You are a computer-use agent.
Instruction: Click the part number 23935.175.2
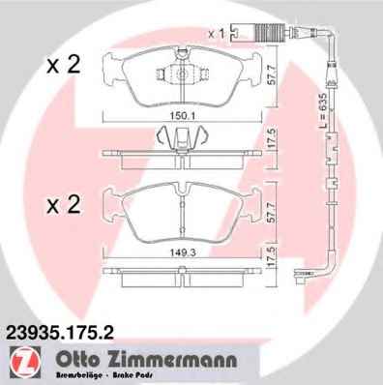[60, 333]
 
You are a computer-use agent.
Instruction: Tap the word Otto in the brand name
[76, 360]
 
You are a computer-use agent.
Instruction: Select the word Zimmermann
[169, 360]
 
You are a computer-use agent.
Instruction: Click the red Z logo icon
[25, 363]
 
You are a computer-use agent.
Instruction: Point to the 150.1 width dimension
[182, 116]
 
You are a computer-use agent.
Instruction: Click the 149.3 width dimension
[183, 253]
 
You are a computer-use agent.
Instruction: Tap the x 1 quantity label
[216, 34]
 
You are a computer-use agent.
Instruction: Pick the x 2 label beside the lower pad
[63, 204]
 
